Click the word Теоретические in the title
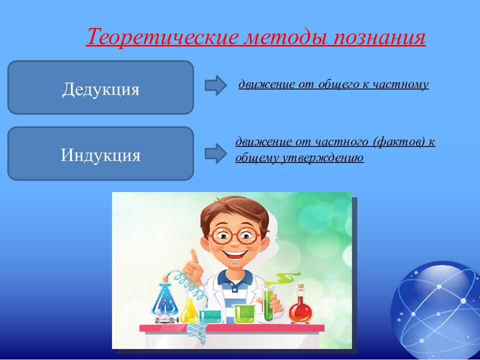(x=162, y=36)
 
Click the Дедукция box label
(x=100, y=89)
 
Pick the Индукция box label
(x=100, y=155)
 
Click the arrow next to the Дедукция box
(x=216, y=85)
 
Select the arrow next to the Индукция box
(x=216, y=153)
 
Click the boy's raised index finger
(x=194, y=257)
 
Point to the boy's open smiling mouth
(x=235, y=254)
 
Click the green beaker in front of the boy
(x=244, y=314)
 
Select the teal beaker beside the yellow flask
(x=210, y=316)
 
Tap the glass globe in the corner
(x=436, y=310)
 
